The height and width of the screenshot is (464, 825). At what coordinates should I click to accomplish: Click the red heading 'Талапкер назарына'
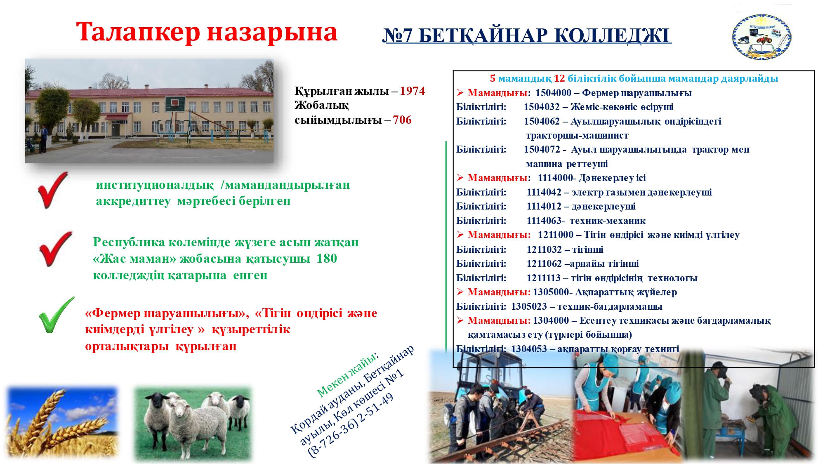click(x=207, y=32)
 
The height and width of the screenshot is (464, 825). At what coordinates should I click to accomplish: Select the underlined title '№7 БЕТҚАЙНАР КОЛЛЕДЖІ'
click(x=527, y=35)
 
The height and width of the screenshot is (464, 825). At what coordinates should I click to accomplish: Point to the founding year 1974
click(x=412, y=91)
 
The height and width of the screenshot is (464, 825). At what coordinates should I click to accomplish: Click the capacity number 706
click(x=402, y=120)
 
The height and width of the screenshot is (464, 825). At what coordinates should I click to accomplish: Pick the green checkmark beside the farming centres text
click(x=57, y=315)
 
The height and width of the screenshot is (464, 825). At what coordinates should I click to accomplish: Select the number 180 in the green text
click(x=327, y=258)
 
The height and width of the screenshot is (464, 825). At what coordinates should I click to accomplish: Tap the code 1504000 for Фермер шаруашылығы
click(x=553, y=93)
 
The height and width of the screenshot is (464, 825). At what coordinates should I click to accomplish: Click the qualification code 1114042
click(x=544, y=192)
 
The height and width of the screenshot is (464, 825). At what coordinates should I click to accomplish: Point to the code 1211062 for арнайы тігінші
click(x=544, y=264)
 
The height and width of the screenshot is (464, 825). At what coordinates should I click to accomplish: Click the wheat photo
click(x=62, y=422)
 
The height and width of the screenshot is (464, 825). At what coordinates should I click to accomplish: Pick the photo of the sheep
click(x=193, y=424)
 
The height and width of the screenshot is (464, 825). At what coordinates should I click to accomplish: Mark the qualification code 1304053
click(x=529, y=349)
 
